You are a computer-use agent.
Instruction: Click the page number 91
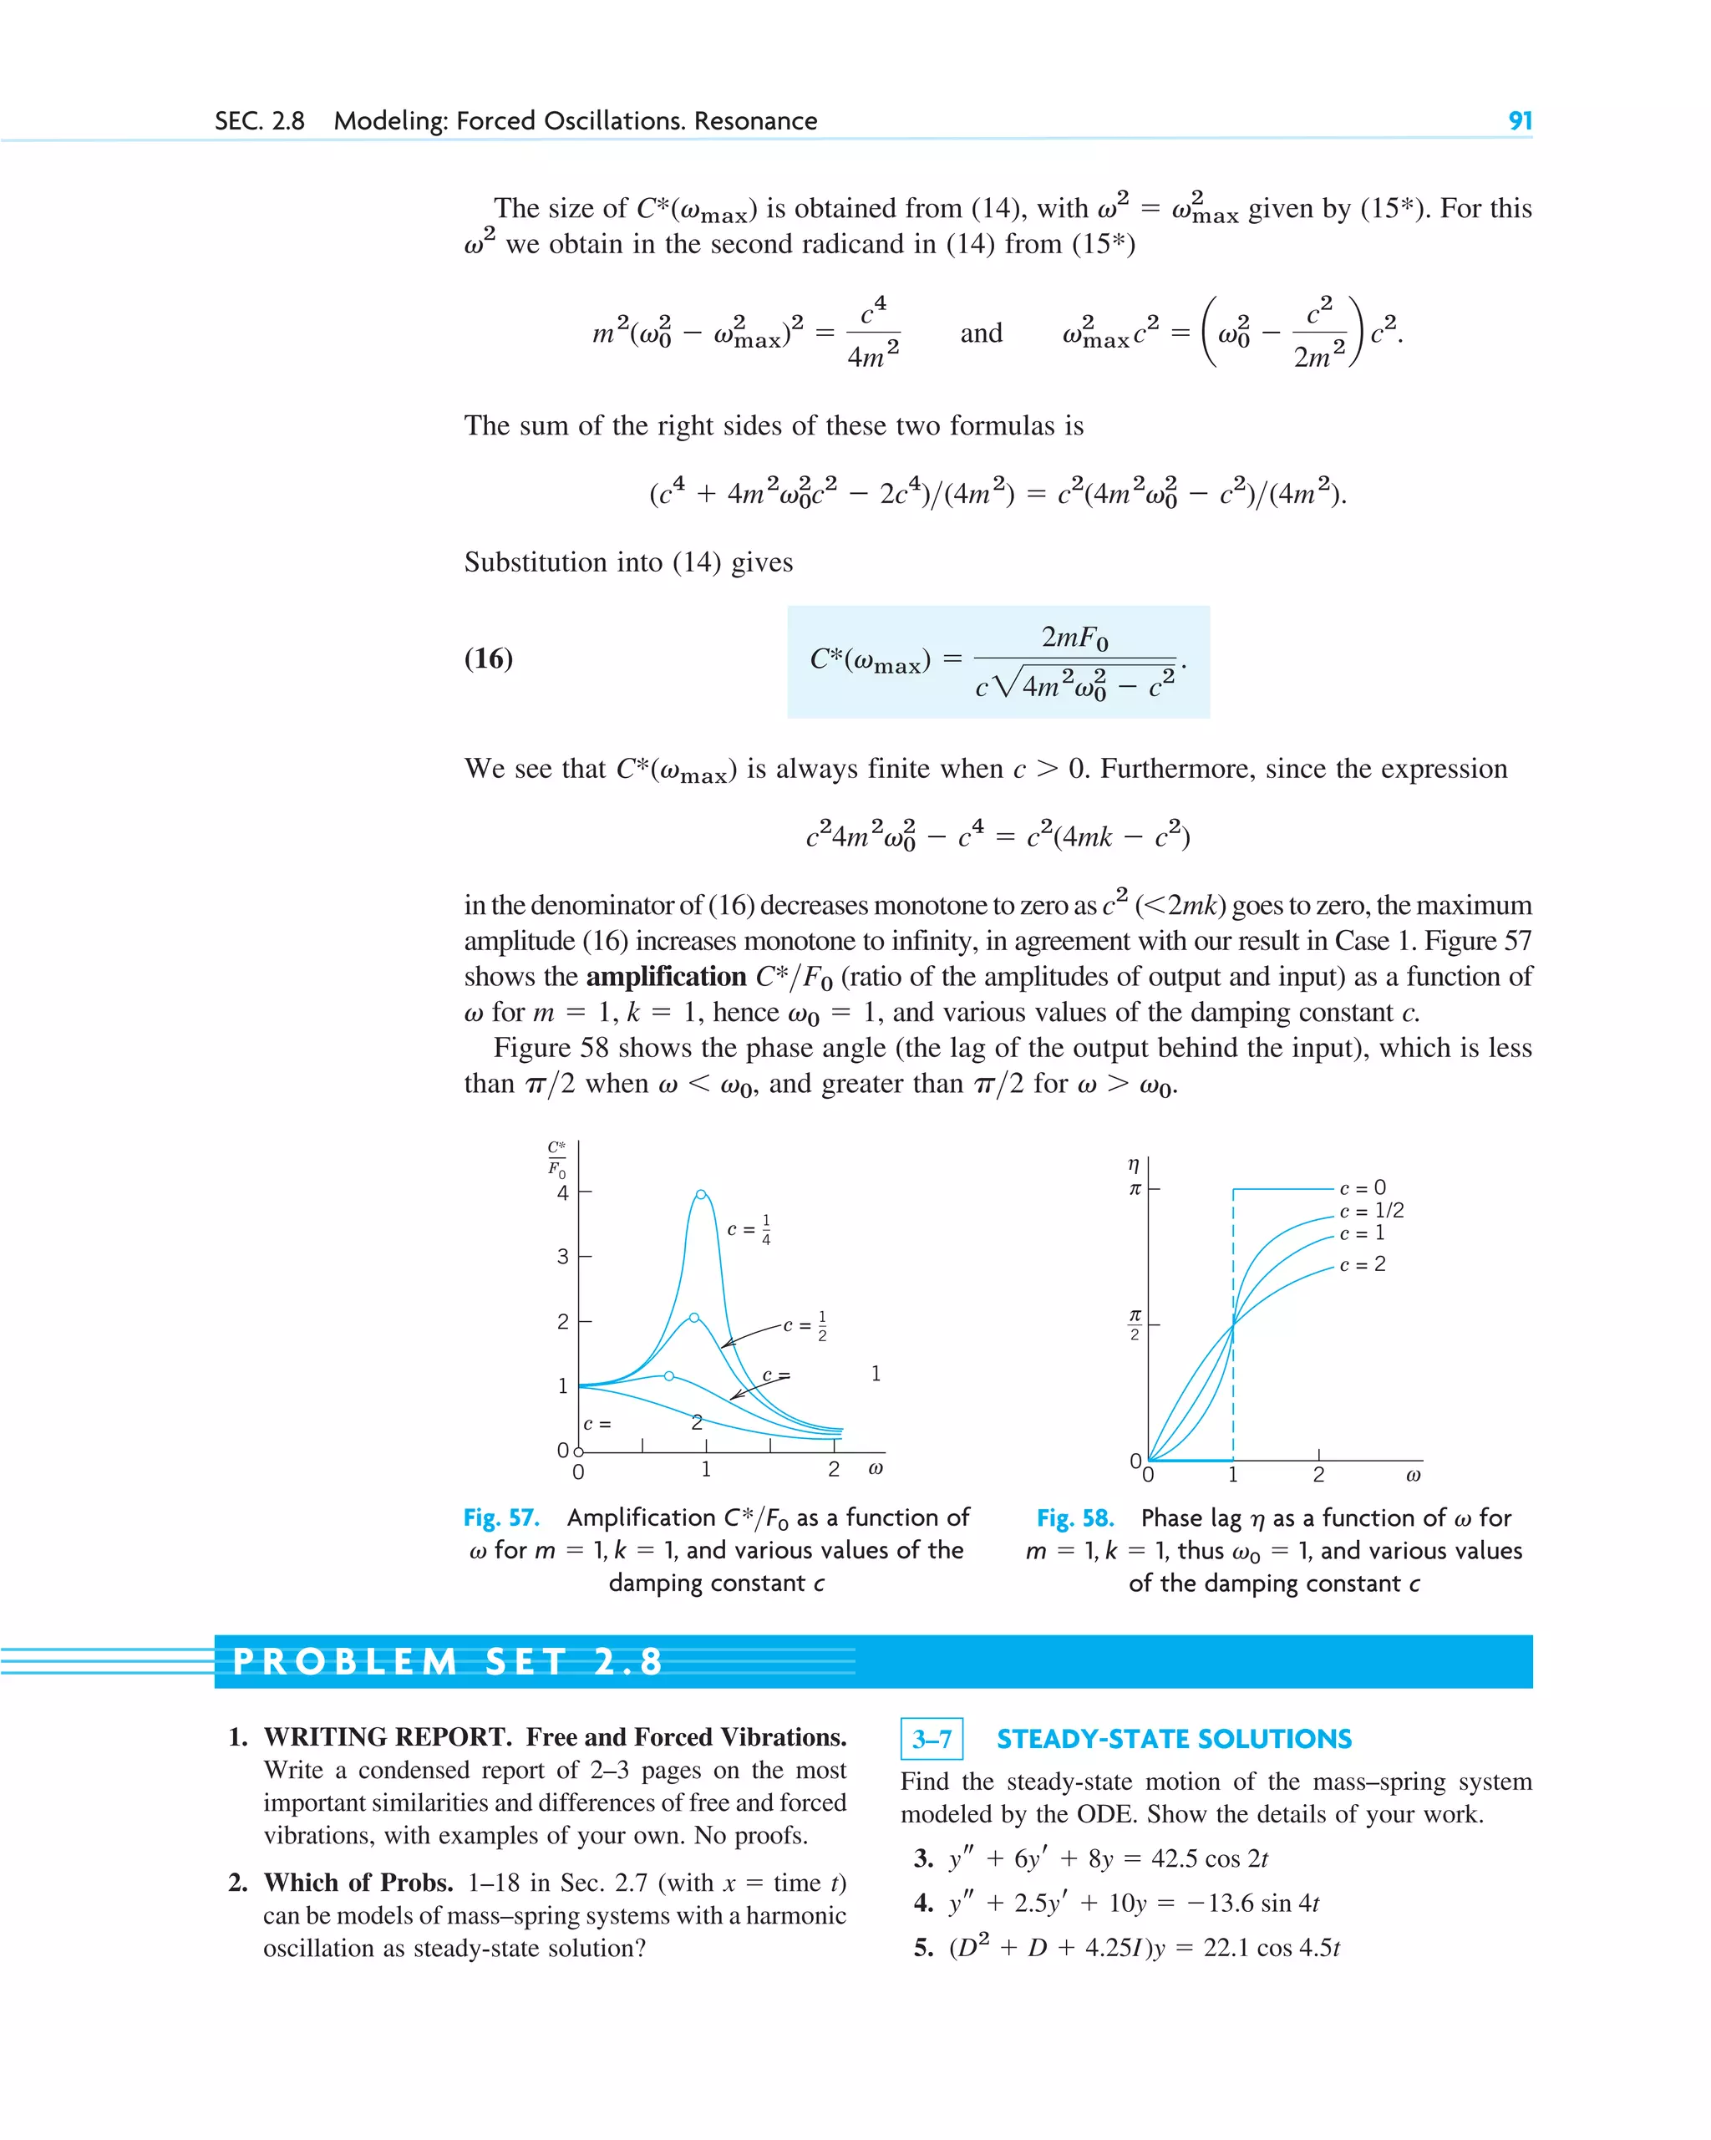(1520, 121)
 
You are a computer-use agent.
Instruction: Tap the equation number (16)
(488, 658)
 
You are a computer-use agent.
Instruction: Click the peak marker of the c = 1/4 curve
(701, 1194)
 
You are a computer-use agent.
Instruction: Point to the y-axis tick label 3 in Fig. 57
(563, 1257)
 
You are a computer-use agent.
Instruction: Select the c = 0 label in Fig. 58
(1362, 1188)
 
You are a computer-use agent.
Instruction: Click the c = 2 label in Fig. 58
(1362, 1264)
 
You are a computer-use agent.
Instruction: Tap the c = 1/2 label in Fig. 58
(1371, 1211)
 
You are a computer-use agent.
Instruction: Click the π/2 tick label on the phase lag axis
(1135, 1324)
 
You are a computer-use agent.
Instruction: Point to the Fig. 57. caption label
(501, 1517)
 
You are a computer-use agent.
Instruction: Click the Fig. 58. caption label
(1075, 1518)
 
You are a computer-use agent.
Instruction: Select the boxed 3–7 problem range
(931, 1739)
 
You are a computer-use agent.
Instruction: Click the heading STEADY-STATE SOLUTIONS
(1174, 1739)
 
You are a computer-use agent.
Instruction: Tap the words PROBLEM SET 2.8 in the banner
(448, 1661)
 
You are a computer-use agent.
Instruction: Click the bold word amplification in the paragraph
(666, 977)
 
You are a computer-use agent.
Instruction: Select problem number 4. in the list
(923, 1903)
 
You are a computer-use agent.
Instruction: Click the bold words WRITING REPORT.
(387, 1737)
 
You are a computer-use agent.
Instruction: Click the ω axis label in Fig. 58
(1414, 1475)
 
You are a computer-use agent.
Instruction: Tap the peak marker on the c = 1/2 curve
(693, 1317)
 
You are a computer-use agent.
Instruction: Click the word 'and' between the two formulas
(981, 333)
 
